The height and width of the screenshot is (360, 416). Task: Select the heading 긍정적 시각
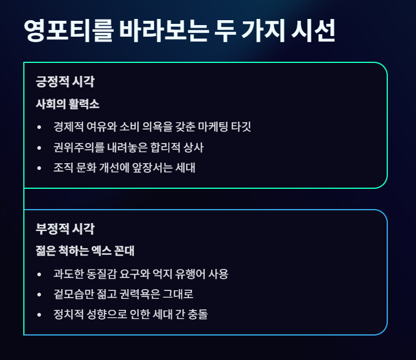click(65, 81)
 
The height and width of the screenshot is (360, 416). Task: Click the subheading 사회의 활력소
click(67, 104)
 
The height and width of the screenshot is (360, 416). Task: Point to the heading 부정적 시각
click(65, 229)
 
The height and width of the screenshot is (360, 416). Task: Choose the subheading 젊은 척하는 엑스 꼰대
click(85, 251)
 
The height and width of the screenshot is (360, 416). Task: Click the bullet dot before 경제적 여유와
click(40, 127)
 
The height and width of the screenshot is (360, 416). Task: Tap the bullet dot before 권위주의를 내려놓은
click(40, 148)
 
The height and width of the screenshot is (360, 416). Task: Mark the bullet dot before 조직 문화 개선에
click(40, 168)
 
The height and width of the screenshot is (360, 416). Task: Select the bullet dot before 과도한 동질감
click(40, 274)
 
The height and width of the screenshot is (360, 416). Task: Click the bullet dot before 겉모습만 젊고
click(40, 294)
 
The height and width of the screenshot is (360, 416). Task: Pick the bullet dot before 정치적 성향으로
click(40, 314)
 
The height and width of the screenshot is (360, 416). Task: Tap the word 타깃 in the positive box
click(240, 127)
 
